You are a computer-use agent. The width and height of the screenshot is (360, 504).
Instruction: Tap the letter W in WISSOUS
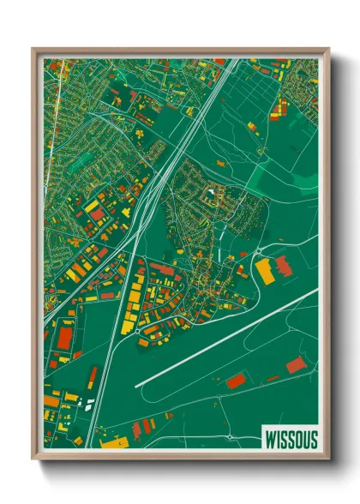[265, 440]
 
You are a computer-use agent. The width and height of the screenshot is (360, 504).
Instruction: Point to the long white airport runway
[226, 339]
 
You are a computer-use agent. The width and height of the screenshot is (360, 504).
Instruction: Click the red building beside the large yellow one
[283, 267]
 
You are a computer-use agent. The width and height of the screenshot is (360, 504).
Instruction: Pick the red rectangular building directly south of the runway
[235, 381]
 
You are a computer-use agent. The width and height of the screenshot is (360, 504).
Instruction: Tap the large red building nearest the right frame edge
[296, 365]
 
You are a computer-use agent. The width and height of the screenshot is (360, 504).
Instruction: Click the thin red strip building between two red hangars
[272, 378]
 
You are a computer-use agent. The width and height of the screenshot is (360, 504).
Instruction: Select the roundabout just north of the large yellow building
[258, 251]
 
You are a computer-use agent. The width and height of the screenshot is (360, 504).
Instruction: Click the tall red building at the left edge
[63, 336]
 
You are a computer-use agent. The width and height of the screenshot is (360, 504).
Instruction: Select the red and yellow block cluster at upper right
[279, 109]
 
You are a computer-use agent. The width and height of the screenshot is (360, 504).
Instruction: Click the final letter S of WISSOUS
[313, 440]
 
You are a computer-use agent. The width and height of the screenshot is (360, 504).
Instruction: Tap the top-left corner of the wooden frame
[33, 49]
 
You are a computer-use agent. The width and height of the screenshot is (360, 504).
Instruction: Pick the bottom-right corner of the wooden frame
[329, 460]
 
